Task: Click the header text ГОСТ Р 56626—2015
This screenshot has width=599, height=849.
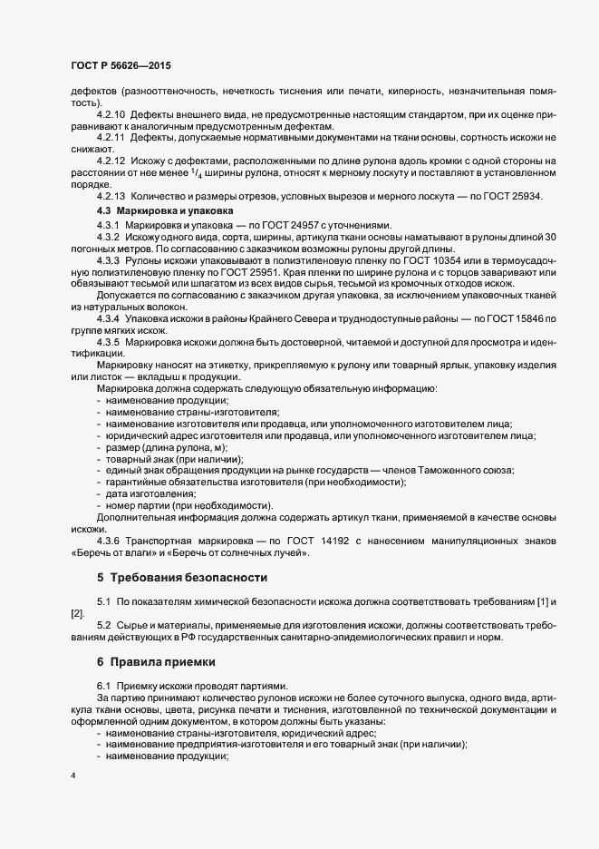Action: [119, 66]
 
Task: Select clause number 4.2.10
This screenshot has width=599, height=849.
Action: [111, 116]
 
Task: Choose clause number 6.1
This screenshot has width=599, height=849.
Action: [102, 685]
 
